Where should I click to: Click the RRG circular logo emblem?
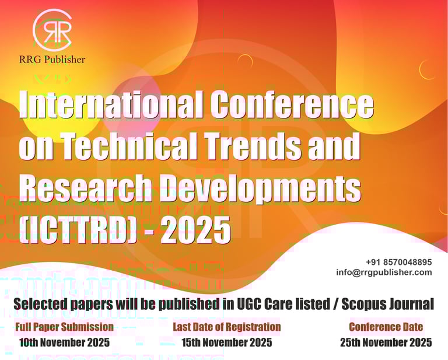pyautogui.click(x=52, y=29)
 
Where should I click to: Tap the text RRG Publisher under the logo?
pyautogui.click(x=52, y=60)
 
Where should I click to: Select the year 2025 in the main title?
pyautogui.click(x=196, y=230)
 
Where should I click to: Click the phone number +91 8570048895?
pyautogui.click(x=399, y=262)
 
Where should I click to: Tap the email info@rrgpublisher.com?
pyautogui.click(x=384, y=272)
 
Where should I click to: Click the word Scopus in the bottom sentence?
pyautogui.click(x=361, y=304)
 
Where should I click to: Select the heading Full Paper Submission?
pyautogui.click(x=64, y=327)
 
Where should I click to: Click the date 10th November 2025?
pyautogui.click(x=64, y=342)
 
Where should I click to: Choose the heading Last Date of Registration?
pyautogui.click(x=226, y=327)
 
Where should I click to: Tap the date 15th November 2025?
pyautogui.click(x=226, y=342)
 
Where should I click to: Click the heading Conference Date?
pyautogui.click(x=386, y=327)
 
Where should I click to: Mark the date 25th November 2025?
pyautogui.click(x=386, y=342)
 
